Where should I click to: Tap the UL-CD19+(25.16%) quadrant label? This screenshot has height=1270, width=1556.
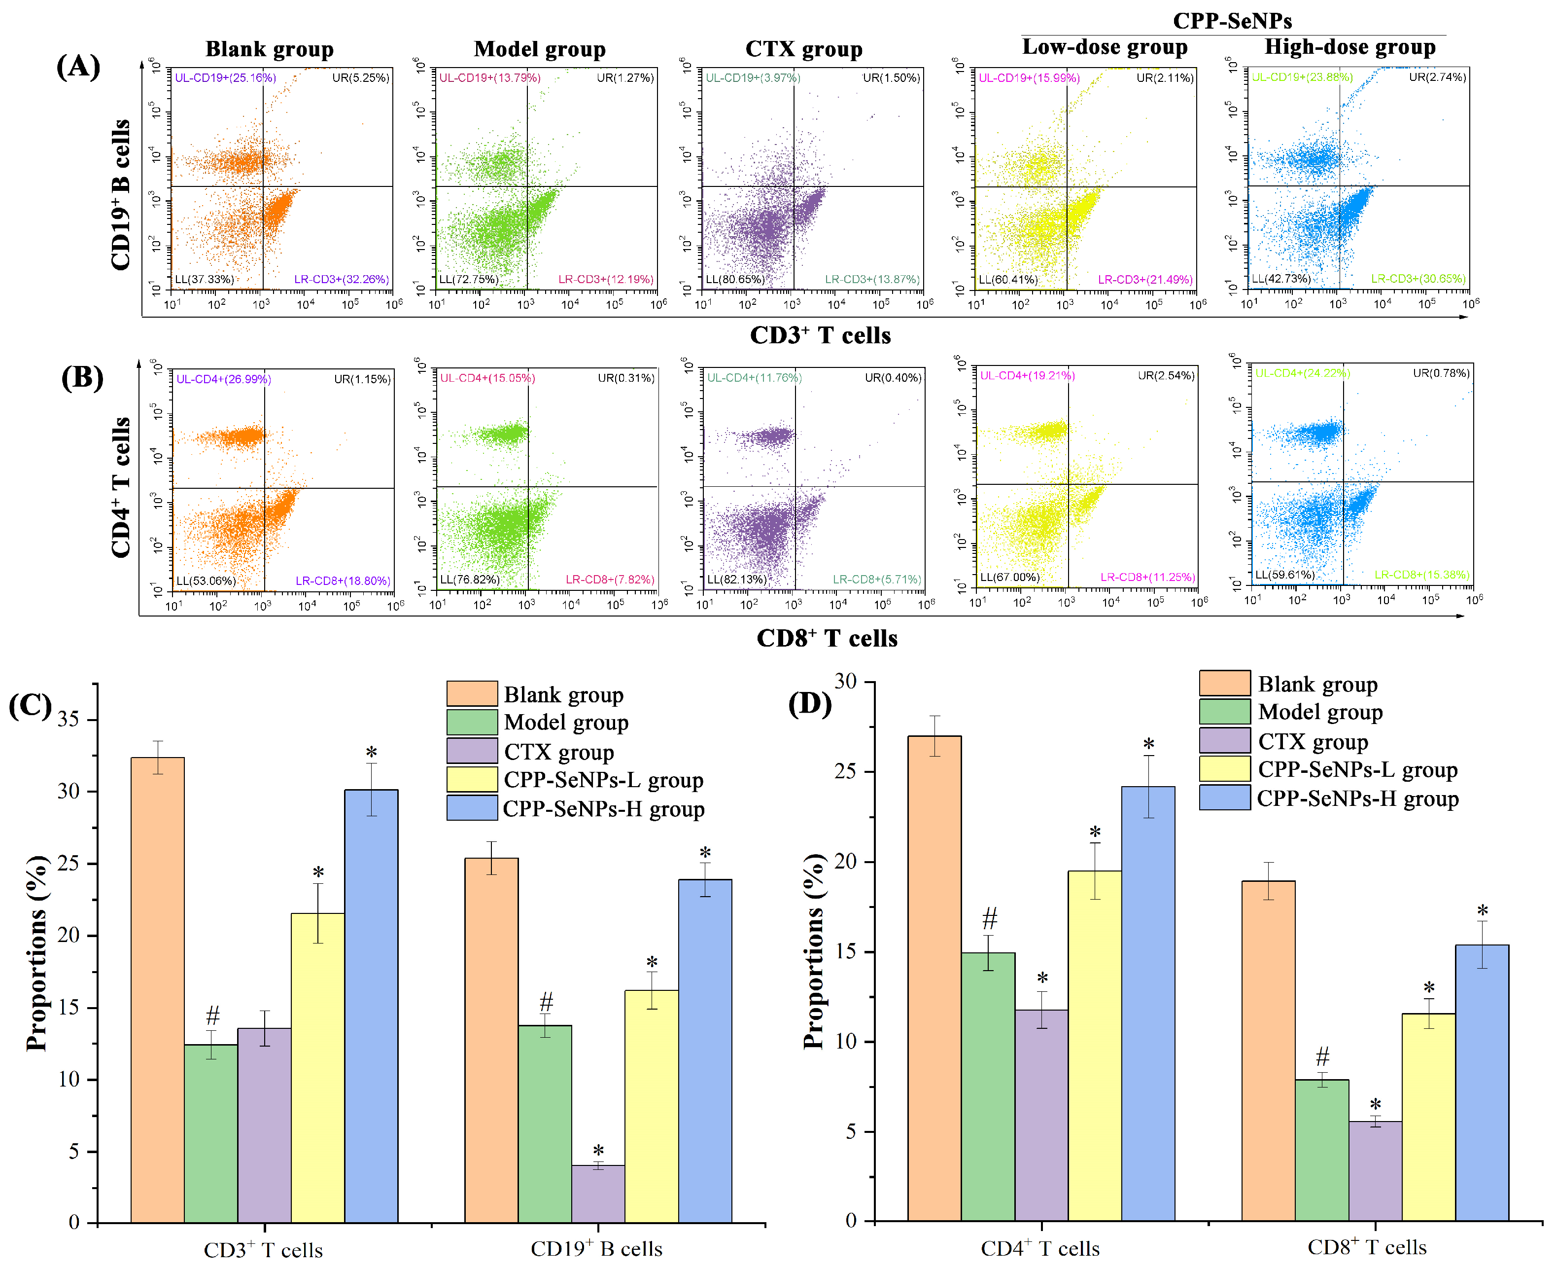[x=225, y=77]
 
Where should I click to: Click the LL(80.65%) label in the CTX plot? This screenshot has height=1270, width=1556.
[x=735, y=279]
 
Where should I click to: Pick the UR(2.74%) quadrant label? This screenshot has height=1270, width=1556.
[x=1438, y=77]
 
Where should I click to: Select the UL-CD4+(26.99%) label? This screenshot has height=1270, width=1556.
[x=224, y=379]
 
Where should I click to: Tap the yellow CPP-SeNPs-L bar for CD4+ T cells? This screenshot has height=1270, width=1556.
[x=1095, y=1045]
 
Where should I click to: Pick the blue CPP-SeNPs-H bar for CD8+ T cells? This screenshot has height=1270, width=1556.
[x=1482, y=1082]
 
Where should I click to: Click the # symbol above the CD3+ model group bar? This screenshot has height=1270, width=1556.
[x=212, y=1016]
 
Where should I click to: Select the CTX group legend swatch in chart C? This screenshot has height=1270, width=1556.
[x=472, y=751]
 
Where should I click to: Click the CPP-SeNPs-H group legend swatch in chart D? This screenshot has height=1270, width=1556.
[x=1225, y=798]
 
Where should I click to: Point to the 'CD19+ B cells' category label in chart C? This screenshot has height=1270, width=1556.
[x=597, y=1249]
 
